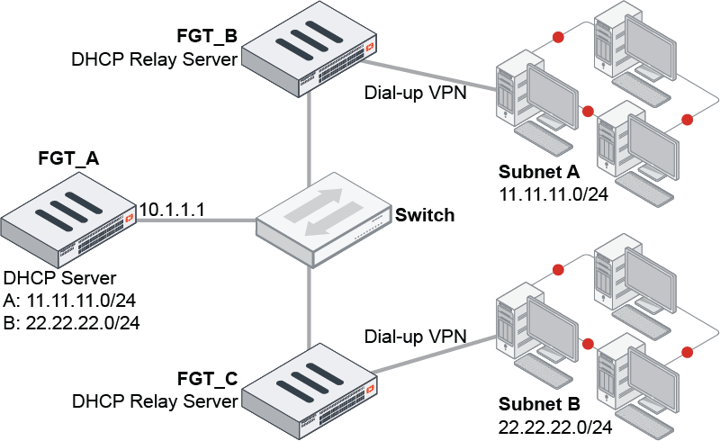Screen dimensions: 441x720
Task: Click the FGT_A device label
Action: pos(68,159)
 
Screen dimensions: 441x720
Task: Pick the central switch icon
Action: pos(320,220)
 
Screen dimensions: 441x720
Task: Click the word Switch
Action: pos(425,216)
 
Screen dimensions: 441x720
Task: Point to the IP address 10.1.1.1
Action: pos(173,209)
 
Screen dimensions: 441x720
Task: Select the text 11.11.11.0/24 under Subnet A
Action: pos(548,193)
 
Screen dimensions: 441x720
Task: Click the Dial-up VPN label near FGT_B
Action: pos(415,93)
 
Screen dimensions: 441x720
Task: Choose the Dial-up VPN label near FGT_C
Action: pos(416,337)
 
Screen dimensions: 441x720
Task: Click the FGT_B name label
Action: pos(206,38)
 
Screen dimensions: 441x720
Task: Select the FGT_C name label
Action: pos(207,379)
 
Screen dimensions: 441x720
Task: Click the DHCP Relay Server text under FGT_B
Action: pos(154,59)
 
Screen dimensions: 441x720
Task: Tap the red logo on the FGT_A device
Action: pos(130,217)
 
